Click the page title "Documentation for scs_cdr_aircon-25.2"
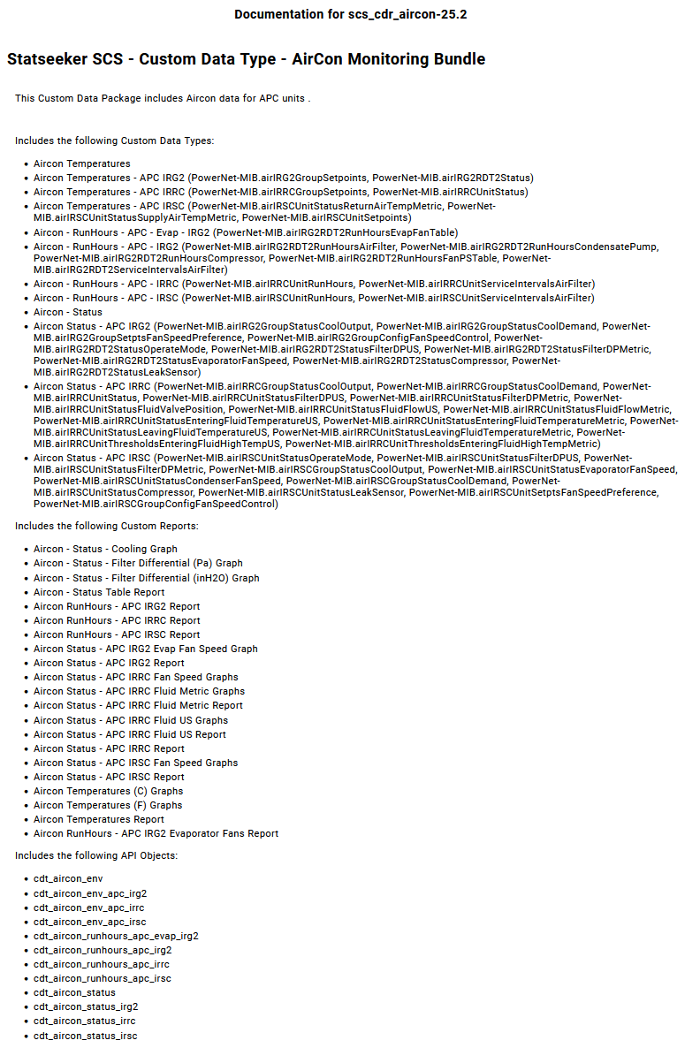tap(350, 15)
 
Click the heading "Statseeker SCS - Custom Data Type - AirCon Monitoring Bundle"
tap(246, 59)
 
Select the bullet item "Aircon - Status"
tap(68, 312)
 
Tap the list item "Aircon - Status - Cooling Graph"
tap(105, 549)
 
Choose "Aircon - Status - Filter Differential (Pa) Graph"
tap(138, 563)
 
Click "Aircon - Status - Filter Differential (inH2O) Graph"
tap(147, 578)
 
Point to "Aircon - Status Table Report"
tap(99, 592)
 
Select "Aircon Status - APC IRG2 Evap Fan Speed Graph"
tap(146, 649)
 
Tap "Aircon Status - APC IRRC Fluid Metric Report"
tap(138, 705)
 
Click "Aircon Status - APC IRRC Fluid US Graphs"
tap(131, 720)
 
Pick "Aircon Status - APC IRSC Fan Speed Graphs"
tap(135, 763)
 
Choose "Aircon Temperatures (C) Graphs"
tap(108, 791)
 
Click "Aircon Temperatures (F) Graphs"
tap(108, 805)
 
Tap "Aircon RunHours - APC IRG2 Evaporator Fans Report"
tap(156, 833)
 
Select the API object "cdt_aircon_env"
tap(68, 879)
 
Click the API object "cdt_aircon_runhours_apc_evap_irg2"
tap(116, 936)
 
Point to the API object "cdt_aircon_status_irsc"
tap(85, 1036)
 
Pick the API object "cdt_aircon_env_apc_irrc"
tap(88, 908)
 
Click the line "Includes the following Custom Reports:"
tap(106, 526)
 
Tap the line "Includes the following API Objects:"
tap(96, 855)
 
